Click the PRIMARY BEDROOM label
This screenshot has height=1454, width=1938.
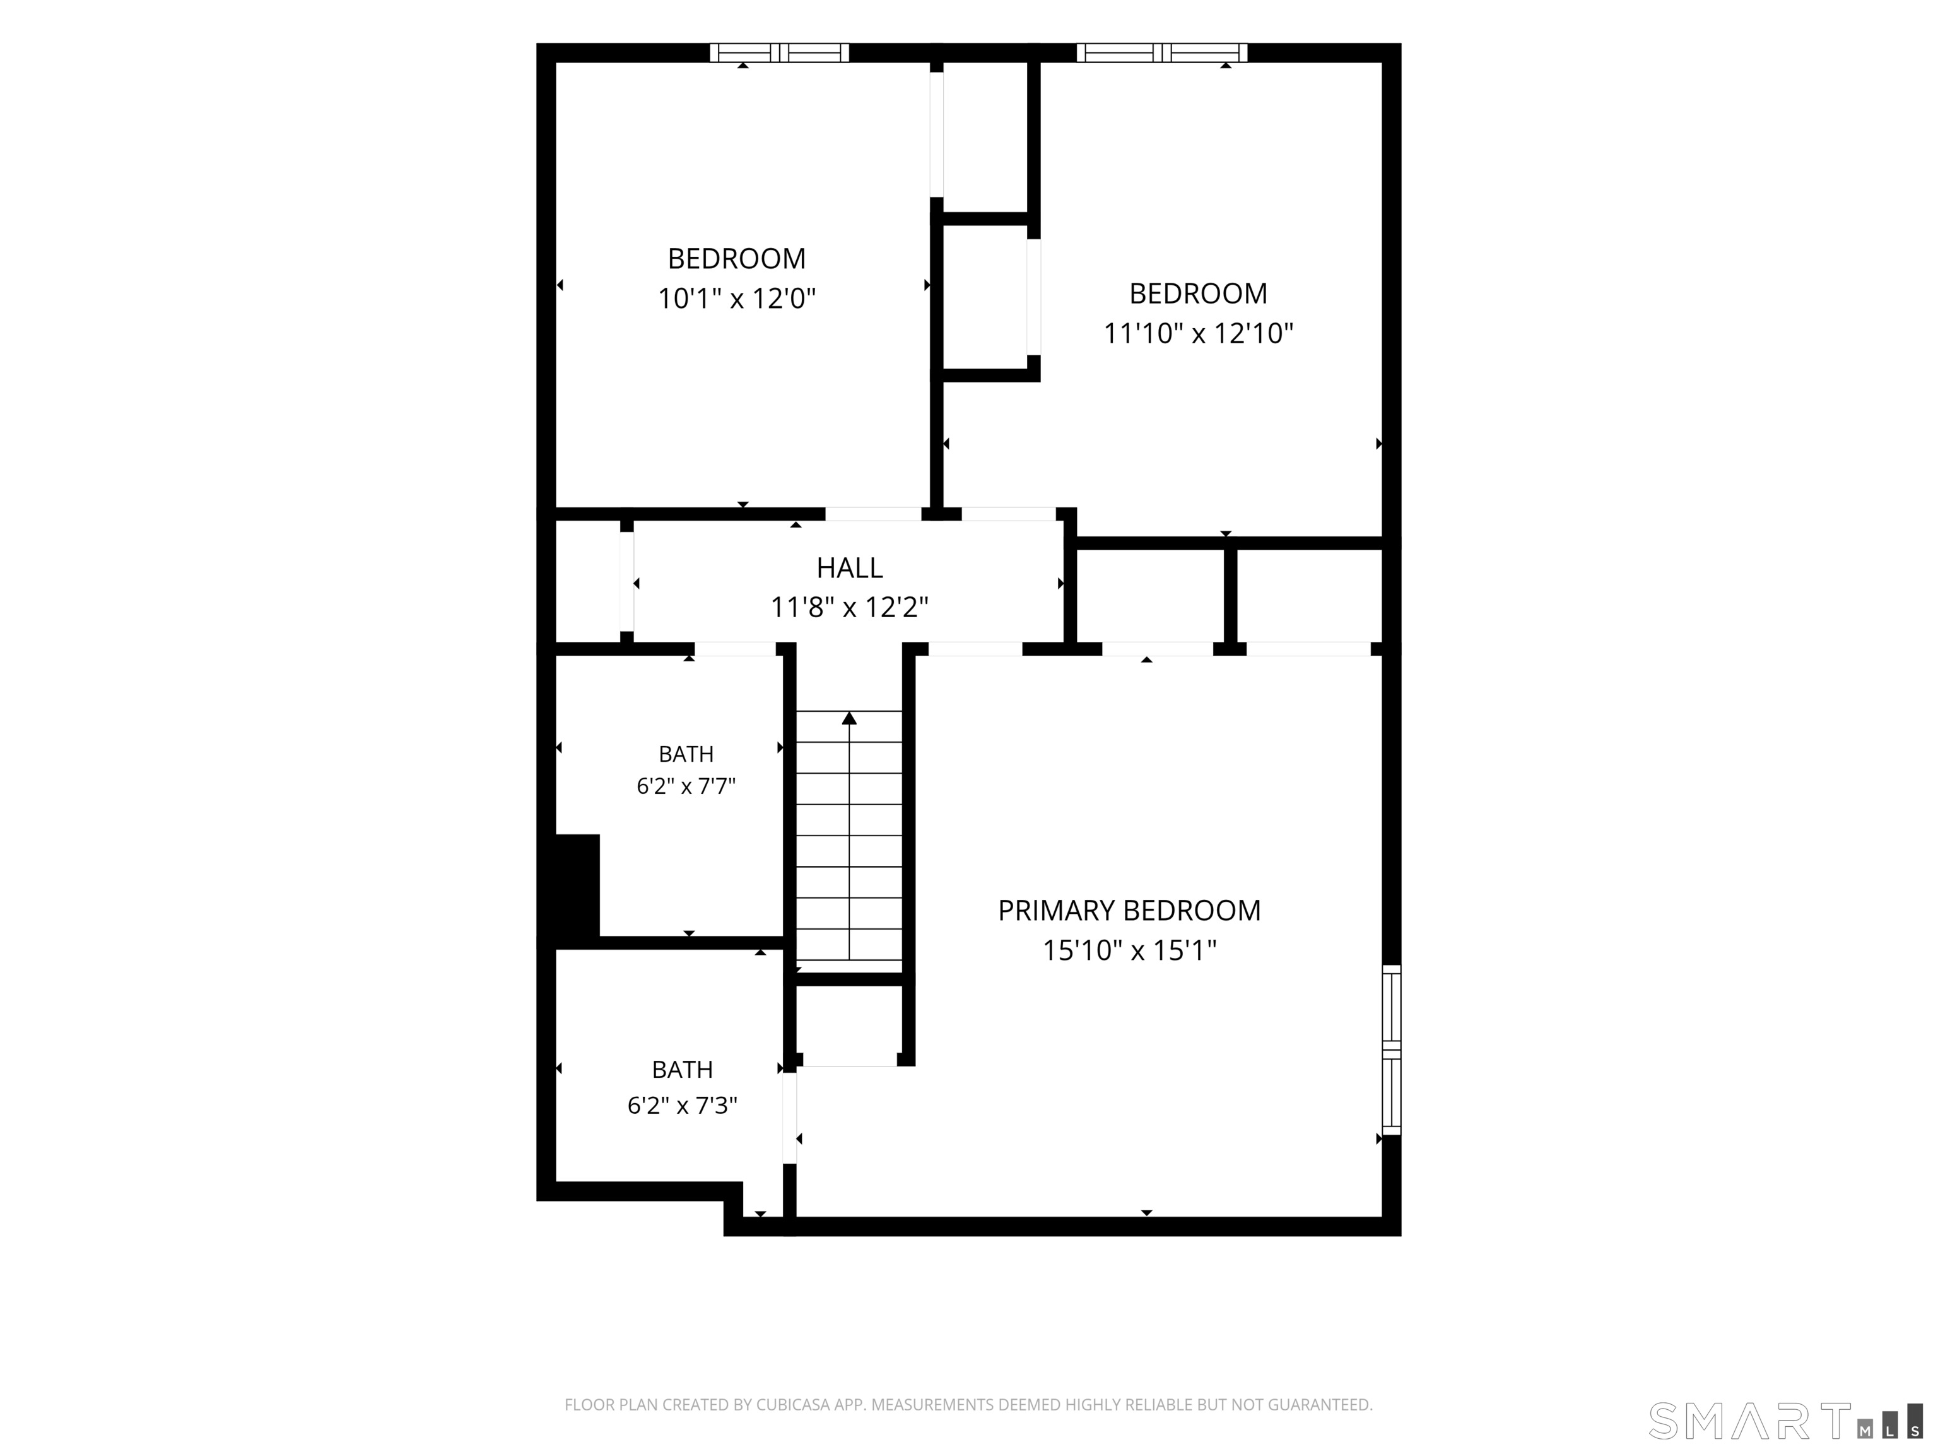1129,911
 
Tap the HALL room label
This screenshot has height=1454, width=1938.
849,568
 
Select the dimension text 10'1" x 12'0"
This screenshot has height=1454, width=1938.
737,299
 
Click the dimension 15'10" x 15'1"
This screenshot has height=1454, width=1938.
1129,950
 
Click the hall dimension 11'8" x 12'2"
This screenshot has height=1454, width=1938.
849,606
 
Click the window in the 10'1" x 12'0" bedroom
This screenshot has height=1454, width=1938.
779,52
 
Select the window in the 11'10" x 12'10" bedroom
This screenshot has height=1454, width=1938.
1162,52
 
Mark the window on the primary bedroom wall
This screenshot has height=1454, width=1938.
1391,1050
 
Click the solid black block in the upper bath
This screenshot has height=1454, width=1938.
577,885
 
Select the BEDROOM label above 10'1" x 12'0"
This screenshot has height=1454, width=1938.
737,259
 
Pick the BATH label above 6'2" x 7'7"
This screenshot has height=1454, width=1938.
686,754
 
